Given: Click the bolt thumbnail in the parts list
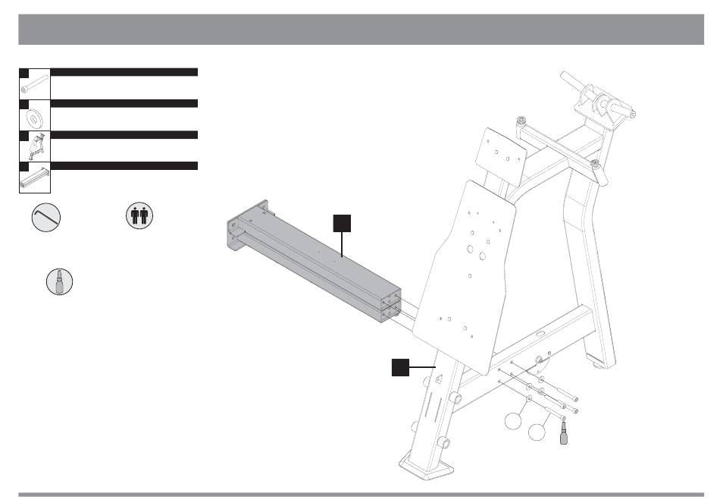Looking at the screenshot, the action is [x=34, y=83].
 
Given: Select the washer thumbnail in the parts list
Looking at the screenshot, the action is [x=34, y=117].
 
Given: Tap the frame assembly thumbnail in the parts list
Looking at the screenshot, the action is [x=34, y=146].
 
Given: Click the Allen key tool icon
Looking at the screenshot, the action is [x=46, y=217].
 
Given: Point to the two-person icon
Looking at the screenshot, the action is [x=139, y=215].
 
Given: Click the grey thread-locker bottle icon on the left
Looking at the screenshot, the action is [x=59, y=281].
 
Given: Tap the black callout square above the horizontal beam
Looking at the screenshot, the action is [x=343, y=222].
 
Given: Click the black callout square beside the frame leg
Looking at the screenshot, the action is [x=400, y=367].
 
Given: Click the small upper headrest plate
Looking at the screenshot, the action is [x=500, y=155].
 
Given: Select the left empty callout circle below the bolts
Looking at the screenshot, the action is [x=512, y=422].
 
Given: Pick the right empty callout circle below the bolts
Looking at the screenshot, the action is [x=537, y=432].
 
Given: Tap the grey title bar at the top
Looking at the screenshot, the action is [x=360, y=29].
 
